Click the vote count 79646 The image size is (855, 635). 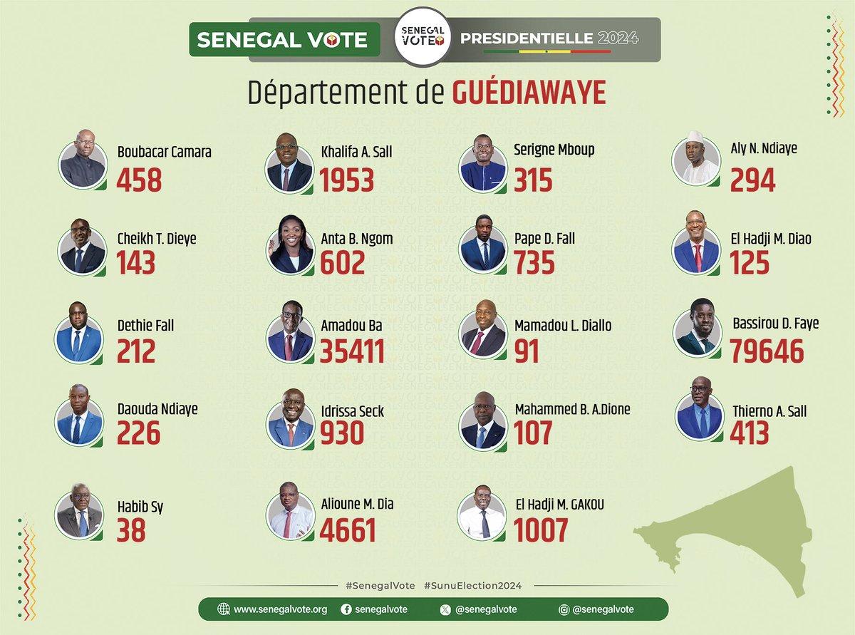pyautogui.click(x=767, y=351)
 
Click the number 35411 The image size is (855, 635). pyautogui.click(x=352, y=351)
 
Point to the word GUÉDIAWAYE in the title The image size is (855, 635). pyautogui.click(x=529, y=93)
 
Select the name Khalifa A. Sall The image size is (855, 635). pyautogui.click(x=356, y=151)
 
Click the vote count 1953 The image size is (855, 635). pyautogui.click(x=346, y=180)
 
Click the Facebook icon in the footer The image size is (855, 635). pyautogui.click(x=346, y=609)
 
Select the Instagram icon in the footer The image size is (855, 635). pyautogui.click(x=564, y=609)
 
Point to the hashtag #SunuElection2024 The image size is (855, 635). pyautogui.click(x=472, y=585)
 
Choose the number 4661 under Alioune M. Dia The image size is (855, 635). pyautogui.click(x=348, y=531)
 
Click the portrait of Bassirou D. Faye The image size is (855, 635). pyautogui.click(x=695, y=331)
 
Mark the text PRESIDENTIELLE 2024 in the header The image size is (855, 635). pyautogui.click(x=549, y=37)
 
